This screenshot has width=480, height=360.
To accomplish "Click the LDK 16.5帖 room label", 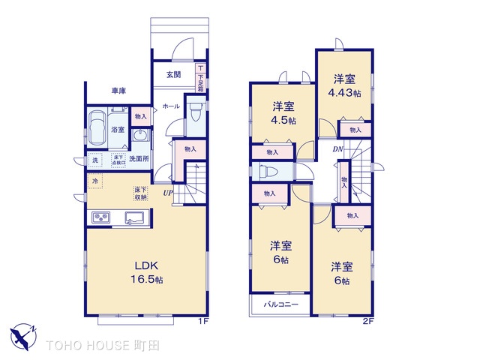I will tap(148, 272).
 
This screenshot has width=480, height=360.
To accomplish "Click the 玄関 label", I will tap(173, 73).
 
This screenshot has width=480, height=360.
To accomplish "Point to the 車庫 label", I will tap(118, 91).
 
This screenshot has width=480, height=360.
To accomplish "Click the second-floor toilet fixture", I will tap(268, 171).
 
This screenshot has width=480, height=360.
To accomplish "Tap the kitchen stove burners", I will tap(101, 217).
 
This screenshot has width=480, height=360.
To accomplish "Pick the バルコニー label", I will tap(281, 305).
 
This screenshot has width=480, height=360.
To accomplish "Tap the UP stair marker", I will tap(169, 193).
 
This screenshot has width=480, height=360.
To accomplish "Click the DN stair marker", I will tap(339, 149).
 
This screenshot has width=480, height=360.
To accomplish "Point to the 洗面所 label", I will tap(139, 159).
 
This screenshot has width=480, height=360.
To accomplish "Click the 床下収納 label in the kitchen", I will tap(140, 193).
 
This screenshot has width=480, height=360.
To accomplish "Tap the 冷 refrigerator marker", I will tap(95, 181).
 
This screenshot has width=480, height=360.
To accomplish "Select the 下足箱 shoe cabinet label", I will tap(200, 76).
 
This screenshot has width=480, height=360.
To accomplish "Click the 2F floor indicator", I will tap(367, 321).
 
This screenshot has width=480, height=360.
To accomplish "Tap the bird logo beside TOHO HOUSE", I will tap(25, 334).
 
